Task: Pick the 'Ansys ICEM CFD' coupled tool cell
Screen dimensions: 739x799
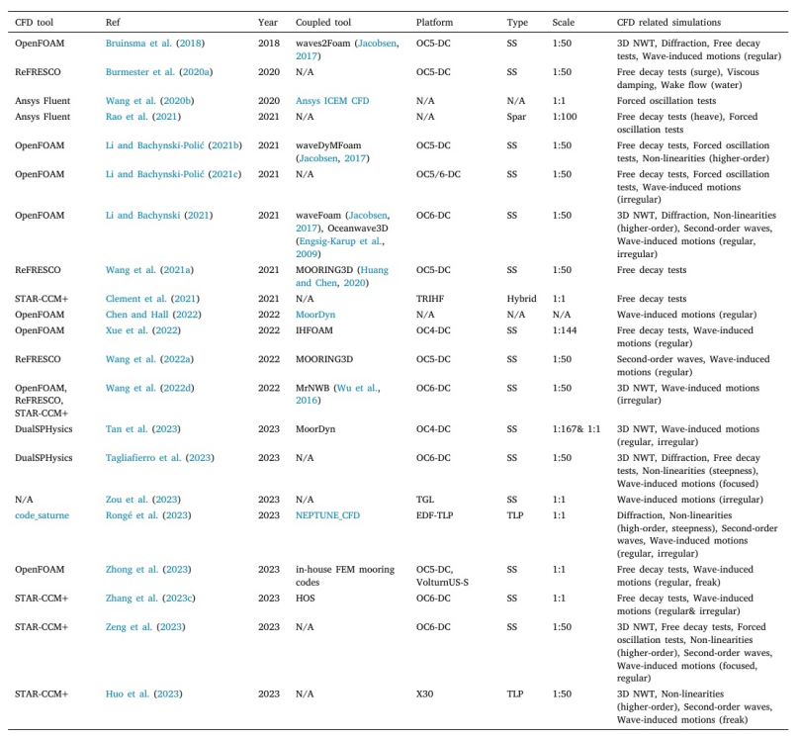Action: coord(331,101)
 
